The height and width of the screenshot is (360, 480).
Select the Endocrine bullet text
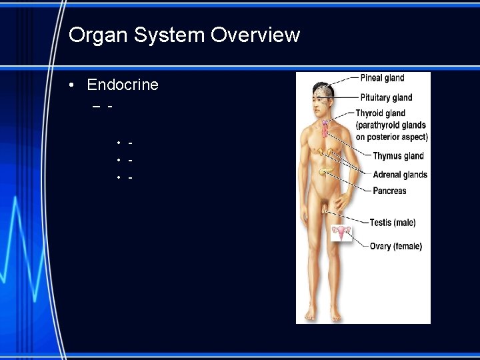(x=123, y=85)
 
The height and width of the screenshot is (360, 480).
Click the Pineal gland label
(x=382, y=78)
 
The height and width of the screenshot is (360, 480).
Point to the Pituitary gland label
(x=386, y=97)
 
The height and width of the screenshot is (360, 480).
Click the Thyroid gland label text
(x=380, y=113)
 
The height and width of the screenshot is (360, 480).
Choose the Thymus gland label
(x=398, y=156)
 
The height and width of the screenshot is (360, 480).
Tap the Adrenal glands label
(x=400, y=175)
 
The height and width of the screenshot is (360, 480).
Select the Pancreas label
(x=389, y=191)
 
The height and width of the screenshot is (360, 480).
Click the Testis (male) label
(x=392, y=223)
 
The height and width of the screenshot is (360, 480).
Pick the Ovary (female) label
(x=395, y=247)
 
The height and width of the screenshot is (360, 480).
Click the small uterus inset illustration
(x=343, y=233)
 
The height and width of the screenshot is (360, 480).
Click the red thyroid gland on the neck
(x=325, y=127)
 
